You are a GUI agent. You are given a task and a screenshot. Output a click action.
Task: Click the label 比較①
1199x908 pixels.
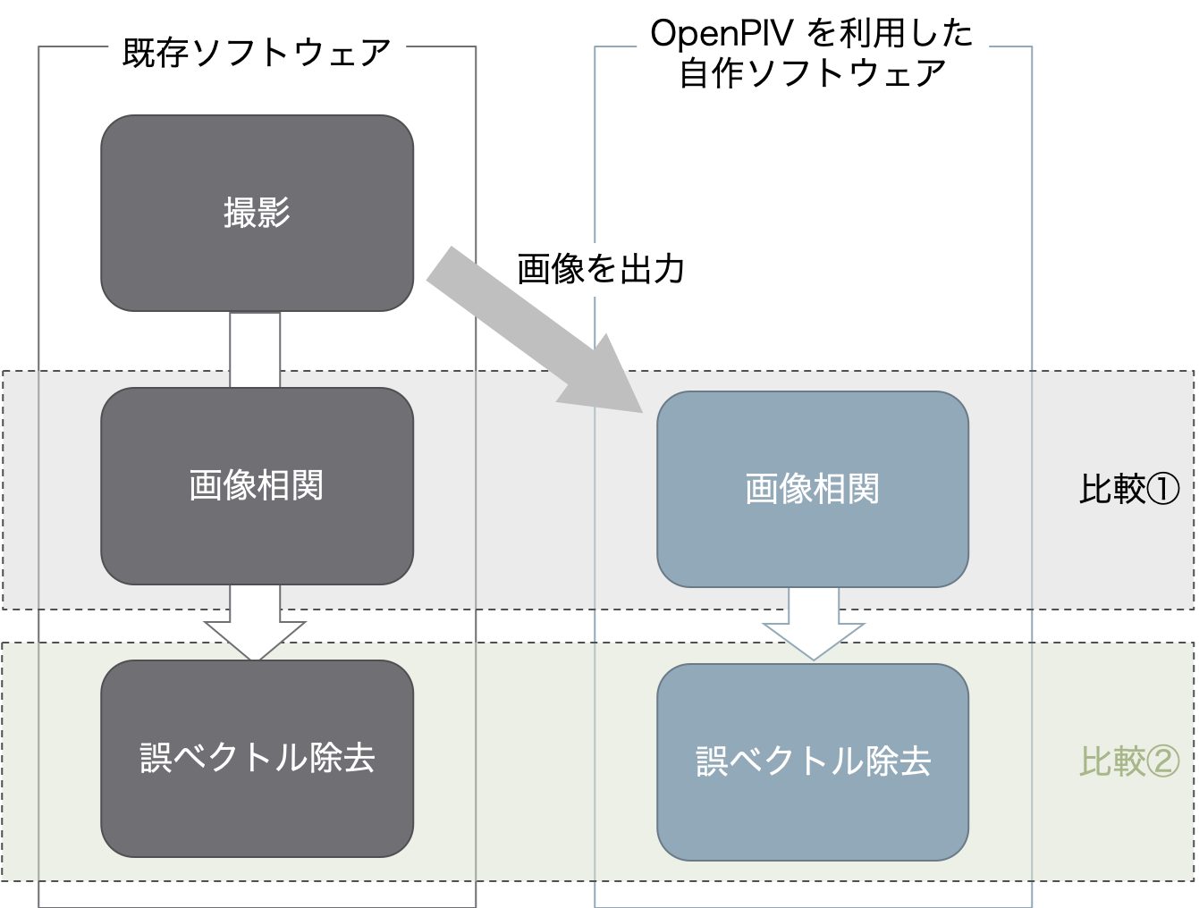pyautogui.click(x=1129, y=489)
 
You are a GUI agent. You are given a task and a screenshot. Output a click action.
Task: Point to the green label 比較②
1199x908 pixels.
pyautogui.click(x=1129, y=761)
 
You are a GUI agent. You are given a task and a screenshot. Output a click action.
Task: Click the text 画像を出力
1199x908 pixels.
pyautogui.click(x=601, y=268)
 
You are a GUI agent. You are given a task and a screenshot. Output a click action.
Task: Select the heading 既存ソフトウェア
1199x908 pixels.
pyautogui.click(x=257, y=53)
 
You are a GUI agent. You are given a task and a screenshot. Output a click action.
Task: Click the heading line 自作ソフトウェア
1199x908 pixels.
pyautogui.click(x=812, y=72)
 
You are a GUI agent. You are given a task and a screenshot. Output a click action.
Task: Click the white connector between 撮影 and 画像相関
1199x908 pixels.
pyautogui.click(x=255, y=349)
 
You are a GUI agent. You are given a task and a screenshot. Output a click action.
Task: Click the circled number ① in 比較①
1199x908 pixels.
pyautogui.click(x=1163, y=489)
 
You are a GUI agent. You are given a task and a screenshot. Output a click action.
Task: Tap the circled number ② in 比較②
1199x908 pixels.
pyautogui.click(x=1163, y=761)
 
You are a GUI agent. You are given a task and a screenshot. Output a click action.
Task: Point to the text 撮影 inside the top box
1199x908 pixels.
pyautogui.click(x=257, y=213)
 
